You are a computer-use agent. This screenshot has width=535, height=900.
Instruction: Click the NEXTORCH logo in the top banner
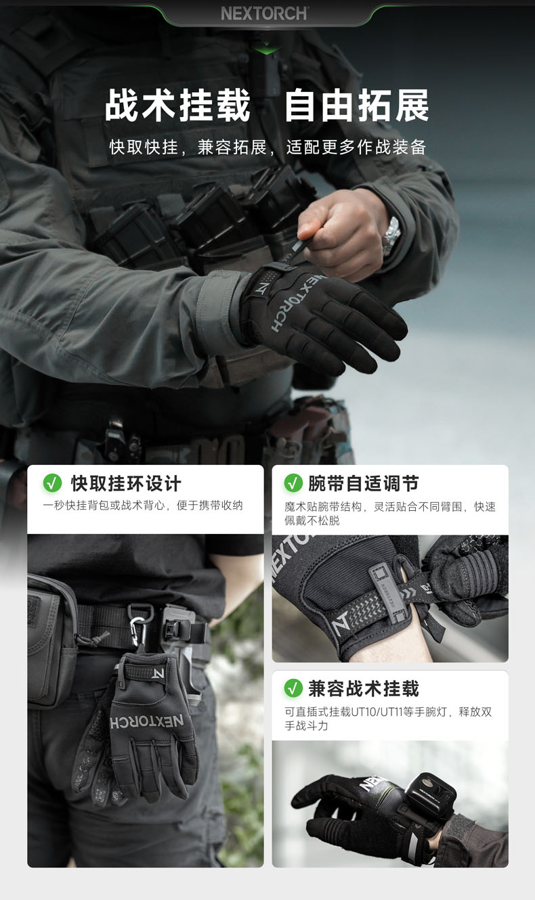click(265, 14)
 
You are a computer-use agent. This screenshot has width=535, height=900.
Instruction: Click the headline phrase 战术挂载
click(177, 106)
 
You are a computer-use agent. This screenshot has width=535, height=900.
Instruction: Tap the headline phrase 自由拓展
click(357, 106)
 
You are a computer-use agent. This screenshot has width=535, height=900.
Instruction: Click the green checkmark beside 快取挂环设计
click(52, 482)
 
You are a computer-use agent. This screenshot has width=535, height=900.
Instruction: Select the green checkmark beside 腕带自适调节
click(293, 482)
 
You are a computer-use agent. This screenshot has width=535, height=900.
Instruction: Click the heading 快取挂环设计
click(126, 483)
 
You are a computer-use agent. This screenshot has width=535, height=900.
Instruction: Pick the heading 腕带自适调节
click(364, 483)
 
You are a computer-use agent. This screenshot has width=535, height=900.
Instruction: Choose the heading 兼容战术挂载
click(364, 688)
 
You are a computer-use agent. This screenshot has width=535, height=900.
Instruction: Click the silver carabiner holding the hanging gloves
click(138, 631)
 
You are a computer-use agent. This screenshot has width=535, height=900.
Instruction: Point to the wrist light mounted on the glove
click(430, 792)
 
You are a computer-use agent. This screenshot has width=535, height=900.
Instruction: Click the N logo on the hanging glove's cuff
click(158, 673)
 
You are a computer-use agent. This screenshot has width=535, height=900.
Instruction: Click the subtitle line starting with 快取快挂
click(267, 147)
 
